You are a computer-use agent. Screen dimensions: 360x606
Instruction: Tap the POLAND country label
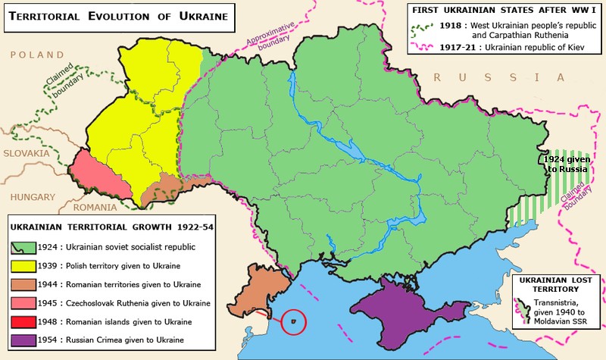[x=33, y=55]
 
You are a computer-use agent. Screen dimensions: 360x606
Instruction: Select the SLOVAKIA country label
[x=25, y=153]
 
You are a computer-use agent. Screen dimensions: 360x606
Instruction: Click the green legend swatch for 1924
[x=18, y=247]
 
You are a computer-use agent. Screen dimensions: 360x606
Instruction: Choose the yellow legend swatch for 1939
[x=18, y=266]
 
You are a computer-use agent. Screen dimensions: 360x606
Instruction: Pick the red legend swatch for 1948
[x=18, y=322]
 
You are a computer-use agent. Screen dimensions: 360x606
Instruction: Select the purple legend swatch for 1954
[x=18, y=341]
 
